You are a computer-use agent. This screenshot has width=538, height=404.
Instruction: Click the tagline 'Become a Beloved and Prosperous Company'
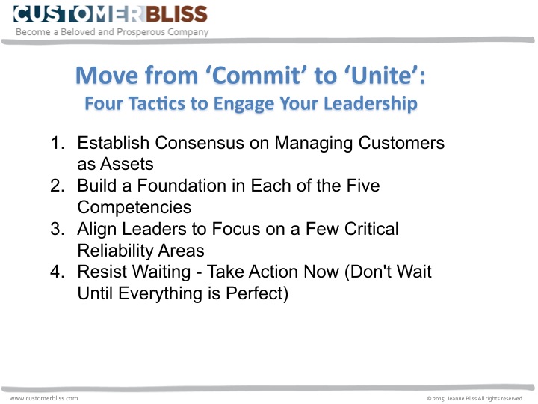(113, 32)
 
